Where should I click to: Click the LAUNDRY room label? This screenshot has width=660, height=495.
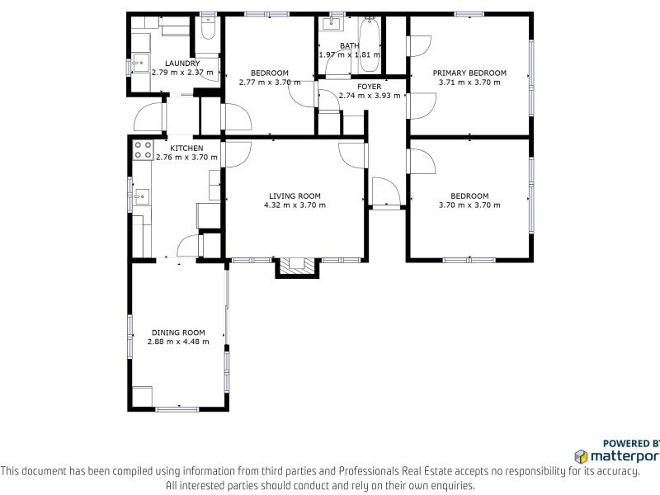(x=182, y=64)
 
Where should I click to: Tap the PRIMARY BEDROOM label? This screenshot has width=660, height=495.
(x=469, y=73)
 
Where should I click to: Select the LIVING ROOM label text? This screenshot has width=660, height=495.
(x=295, y=196)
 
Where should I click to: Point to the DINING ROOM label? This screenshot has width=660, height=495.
(x=178, y=332)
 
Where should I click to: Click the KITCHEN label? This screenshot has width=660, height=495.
(x=186, y=148)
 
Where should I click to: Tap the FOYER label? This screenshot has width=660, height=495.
(x=369, y=87)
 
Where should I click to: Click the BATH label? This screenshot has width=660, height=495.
(x=349, y=45)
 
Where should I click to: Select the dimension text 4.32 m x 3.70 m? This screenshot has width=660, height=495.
(x=295, y=205)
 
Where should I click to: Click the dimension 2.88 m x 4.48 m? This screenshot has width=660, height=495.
(x=178, y=342)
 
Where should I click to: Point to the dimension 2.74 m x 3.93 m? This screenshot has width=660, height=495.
(x=369, y=96)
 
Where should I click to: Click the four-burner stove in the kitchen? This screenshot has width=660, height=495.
(x=143, y=150)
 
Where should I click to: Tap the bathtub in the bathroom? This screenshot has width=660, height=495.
(x=370, y=45)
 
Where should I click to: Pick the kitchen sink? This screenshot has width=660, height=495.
(x=142, y=196)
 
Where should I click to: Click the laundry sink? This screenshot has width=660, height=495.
(x=140, y=64)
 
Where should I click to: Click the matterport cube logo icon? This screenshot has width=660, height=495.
(x=582, y=457)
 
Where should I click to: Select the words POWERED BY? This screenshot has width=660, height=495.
(x=631, y=443)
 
